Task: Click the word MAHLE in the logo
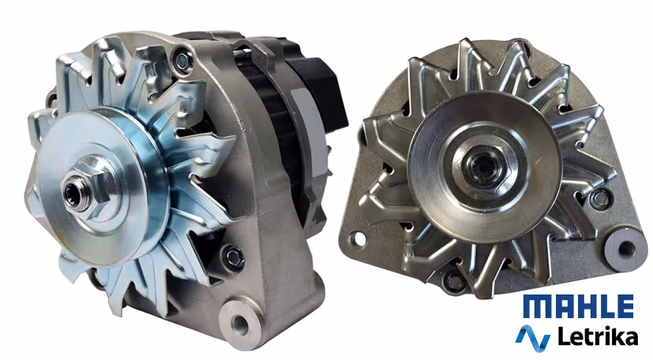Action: (579, 306)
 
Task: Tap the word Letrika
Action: (598, 336)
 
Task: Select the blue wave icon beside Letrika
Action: (533, 338)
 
